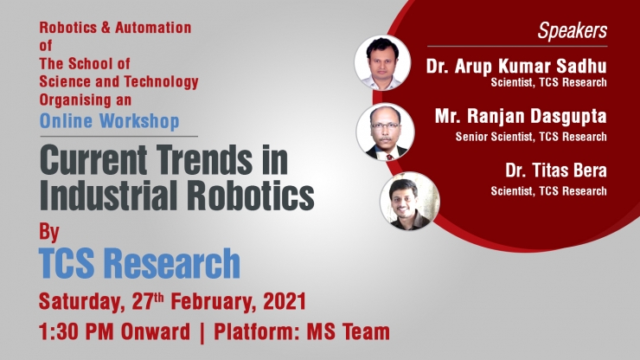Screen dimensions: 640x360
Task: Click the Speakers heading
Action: click(x=572, y=30)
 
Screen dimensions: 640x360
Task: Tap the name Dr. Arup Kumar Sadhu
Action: click(x=516, y=66)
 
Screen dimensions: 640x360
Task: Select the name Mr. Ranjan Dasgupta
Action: click(x=521, y=117)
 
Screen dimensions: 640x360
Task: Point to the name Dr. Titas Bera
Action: click(x=556, y=170)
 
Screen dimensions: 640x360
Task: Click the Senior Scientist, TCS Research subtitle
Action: click(x=531, y=137)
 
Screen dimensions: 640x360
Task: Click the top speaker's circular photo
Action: click(x=382, y=62)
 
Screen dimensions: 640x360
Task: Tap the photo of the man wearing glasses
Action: click(x=385, y=132)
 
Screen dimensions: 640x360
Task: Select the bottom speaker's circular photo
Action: click(x=409, y=201)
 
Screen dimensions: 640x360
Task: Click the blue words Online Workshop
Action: click(x=109, y=121)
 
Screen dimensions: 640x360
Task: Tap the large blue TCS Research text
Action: click(x=139, y=263)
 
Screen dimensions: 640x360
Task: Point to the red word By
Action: click(x=49, y=232)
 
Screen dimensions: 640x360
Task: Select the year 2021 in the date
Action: click(x=285, y=301)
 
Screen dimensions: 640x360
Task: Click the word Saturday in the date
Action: click(x=81, y=302)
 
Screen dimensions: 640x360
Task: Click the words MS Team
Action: click(x=349, y=331)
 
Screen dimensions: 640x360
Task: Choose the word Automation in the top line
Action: click(x=153, y=28)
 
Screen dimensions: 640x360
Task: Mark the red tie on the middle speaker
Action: click(x=390, y=157)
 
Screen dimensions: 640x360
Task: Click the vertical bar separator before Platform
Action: click(x=202, y=331)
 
